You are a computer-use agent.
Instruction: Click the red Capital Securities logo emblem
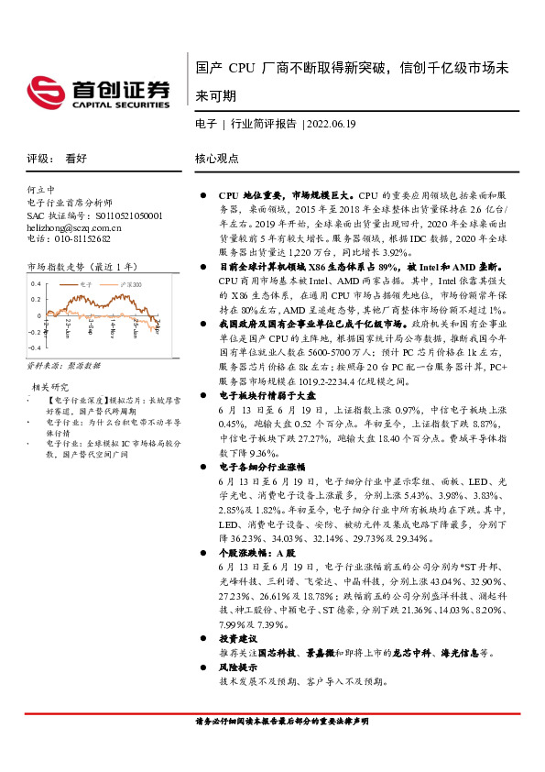pos(45,92)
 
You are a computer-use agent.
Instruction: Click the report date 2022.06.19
pos(332,122)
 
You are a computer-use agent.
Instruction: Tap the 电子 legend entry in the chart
pos(88,285)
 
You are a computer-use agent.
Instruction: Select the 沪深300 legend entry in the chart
pos(132,285)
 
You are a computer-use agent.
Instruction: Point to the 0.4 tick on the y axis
pos(38,284)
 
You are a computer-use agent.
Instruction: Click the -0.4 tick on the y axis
pos(36,348)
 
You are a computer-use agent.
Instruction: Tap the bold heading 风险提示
pos(237,668)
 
